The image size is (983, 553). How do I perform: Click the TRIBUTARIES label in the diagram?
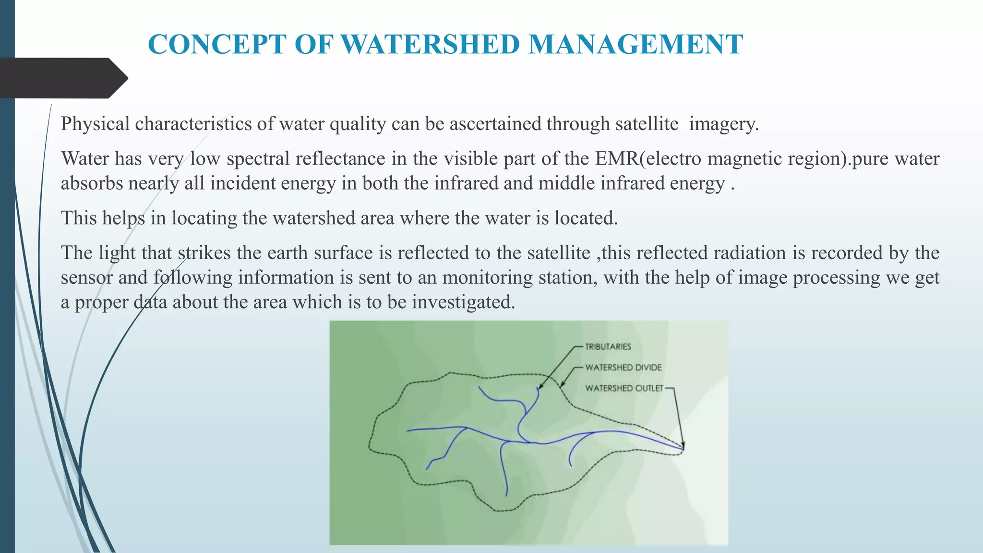608,347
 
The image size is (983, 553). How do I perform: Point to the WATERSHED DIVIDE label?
623,367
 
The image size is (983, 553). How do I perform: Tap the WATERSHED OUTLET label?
624,388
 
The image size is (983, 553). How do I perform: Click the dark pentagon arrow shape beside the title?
62,78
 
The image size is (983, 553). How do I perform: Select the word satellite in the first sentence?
647,124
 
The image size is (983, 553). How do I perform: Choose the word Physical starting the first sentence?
95,124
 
